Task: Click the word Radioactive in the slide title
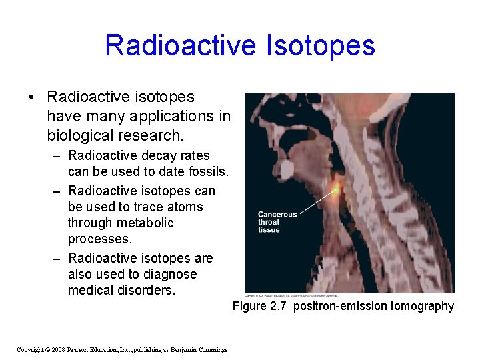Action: point(180,46)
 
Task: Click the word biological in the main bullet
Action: point(79,136)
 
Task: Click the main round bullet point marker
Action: point(32,97)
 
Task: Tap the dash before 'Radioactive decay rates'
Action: point(57,156)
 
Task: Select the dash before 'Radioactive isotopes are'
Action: point(57,259)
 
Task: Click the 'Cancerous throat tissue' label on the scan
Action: point(277,222)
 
